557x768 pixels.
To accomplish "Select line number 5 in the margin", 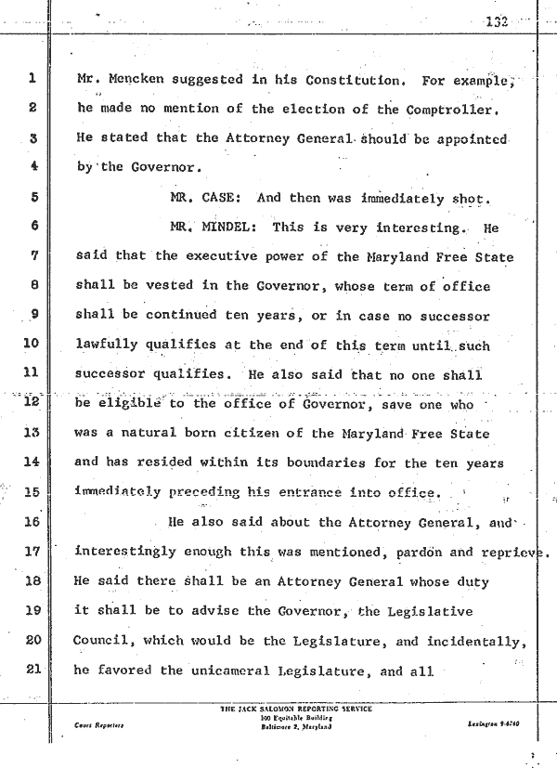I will (x=31, y=197).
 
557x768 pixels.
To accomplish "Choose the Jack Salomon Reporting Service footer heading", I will (x=296, y=709).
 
